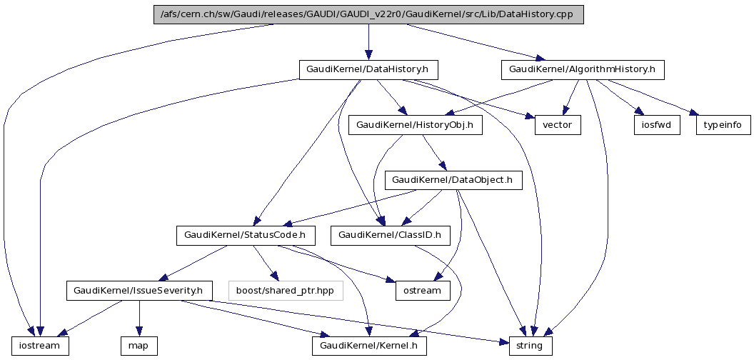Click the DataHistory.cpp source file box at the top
(x=368, y=15)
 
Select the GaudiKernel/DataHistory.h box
(x=368, y=70)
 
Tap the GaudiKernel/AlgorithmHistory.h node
(x=583, y=70)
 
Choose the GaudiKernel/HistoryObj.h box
(x=415, y=125)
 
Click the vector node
(x=558, y=125)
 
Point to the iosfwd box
(x=655, y=125)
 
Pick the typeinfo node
(x=723, y=125)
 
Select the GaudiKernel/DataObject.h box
(x=453, y=180)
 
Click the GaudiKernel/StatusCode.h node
(x=245, y=235)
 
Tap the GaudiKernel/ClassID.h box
(x=390, y=235)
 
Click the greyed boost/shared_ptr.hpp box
(x=286, y=291)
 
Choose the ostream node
(x=423, y=291)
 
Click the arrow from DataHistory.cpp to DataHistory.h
(x=368, y=43)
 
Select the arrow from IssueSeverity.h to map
(x=139, y=319)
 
